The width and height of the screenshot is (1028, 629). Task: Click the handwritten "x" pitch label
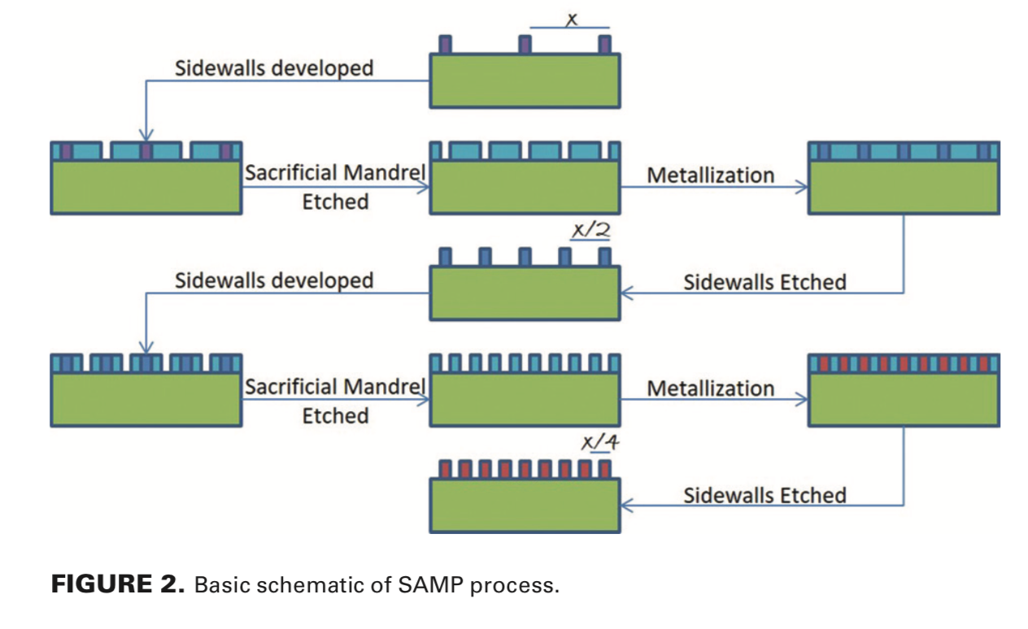click(x=571, y=17)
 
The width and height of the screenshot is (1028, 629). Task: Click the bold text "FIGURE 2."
click(x=119, y=584)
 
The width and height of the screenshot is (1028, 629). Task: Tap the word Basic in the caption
click(x=218, y=585)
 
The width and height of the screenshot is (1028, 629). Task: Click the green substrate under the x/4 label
click(x=525, y=505)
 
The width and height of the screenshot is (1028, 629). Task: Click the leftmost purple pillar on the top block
click(x=444, y=44)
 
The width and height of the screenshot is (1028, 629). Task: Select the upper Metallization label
click(x=710, y=175)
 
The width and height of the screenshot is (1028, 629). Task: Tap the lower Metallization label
click(x=710, y=388)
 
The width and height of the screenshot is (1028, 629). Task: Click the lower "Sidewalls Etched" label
click(x=764, y=495)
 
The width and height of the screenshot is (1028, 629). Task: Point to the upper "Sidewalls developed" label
click(x=274, y=67)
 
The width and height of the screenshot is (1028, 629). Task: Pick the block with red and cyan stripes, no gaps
click(x=904, y=390)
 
